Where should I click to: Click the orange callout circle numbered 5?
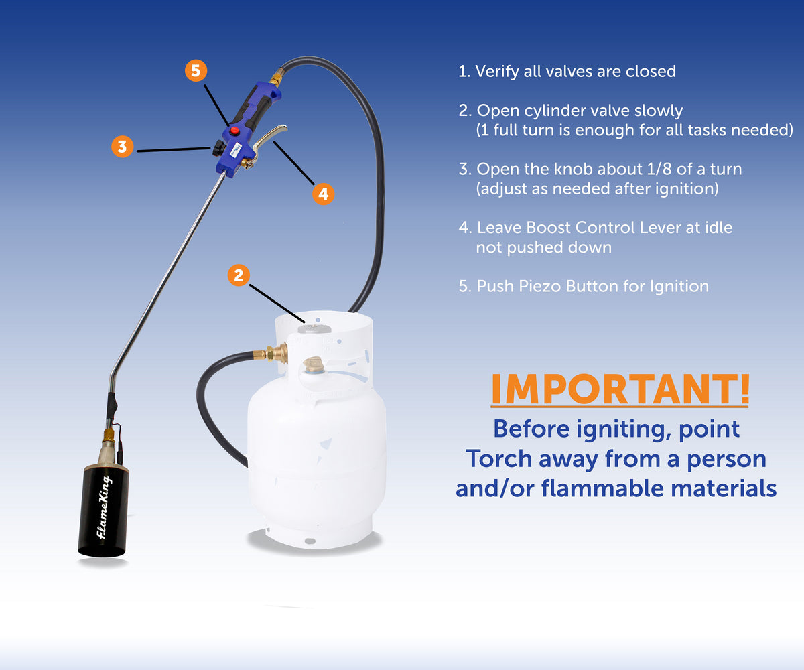(196, 71)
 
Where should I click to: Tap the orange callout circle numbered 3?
(122, 147)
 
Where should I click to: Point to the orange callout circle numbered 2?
(239, 275)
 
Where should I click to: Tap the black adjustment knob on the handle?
(218, 149)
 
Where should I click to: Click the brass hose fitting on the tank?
(275, 353)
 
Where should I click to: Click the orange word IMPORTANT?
(620, 389)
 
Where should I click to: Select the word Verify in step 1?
(498, 71)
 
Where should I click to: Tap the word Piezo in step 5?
(540, 286)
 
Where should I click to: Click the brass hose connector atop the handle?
(275, 78)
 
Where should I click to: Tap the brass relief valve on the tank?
(313, 366)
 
